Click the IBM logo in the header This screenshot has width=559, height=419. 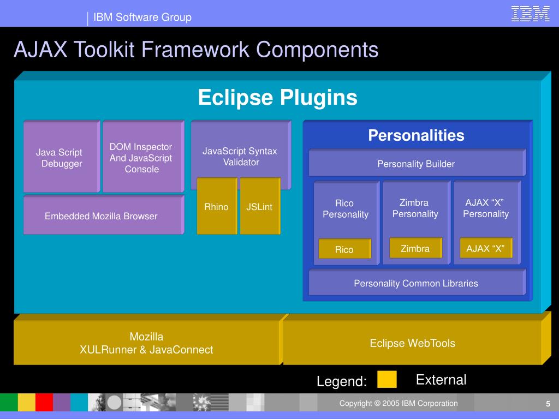coord(530,14)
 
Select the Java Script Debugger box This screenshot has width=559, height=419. coord(60,158)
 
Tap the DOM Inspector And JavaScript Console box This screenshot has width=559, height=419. coord(141,158)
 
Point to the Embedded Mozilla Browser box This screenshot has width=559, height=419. coord(102,216)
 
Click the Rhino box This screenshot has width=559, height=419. coord(216,207)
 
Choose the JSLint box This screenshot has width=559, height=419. coord(259,207)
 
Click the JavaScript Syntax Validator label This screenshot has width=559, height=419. coord(240,157)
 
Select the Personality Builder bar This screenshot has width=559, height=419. coord(416,164)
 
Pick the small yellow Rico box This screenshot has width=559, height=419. coord(344,249)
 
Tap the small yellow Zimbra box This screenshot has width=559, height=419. coord(415,248)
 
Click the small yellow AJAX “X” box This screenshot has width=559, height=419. coord(486,249)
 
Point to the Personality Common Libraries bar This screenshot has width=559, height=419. coord(416,283)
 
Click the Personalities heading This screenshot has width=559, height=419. coord(416,135)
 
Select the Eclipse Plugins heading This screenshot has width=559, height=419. coord(277,98)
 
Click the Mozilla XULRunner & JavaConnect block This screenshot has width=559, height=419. coord(146,343)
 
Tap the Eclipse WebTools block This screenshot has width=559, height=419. coord(412,343)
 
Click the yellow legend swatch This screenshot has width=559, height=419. coord(387,379)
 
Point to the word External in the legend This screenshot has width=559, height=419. coord(441,380)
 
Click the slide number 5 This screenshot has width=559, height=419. coord(548,404)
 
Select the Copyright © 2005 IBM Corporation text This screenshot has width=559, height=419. coord(399,403)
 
